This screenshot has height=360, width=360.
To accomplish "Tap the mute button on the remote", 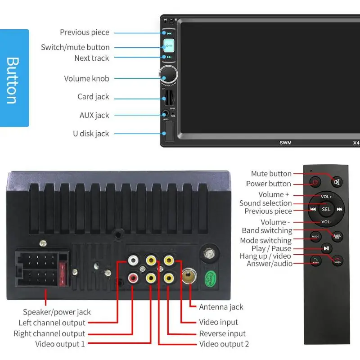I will tap(337, 182).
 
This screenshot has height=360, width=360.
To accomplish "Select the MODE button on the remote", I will tap(315, 236).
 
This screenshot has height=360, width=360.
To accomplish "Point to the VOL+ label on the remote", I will tap(326, 197).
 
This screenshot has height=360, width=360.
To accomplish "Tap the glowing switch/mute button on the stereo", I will tap(169, 45).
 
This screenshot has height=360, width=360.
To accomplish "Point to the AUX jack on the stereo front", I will tap(166, 114).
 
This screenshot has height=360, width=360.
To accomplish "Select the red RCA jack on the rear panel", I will tap(133, 279).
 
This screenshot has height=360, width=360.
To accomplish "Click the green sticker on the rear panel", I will tap(210, 276).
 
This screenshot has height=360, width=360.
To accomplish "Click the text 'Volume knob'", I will tap(86, 79).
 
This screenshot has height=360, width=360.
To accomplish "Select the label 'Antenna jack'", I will tap(221, 307).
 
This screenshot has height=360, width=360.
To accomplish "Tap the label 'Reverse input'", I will tap(222, 333).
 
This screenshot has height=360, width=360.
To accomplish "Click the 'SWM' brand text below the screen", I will tap(285, 143).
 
